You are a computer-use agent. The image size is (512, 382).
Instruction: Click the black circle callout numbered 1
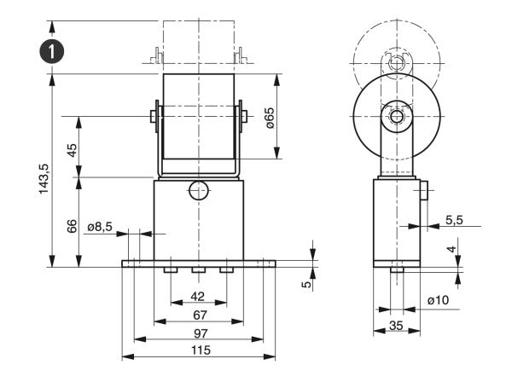pos(55,50)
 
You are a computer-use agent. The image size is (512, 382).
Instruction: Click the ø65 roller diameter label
pos(269,117)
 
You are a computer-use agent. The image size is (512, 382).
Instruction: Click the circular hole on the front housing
pos(198,190)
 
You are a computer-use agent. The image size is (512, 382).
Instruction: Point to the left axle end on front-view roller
pos(152,115)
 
